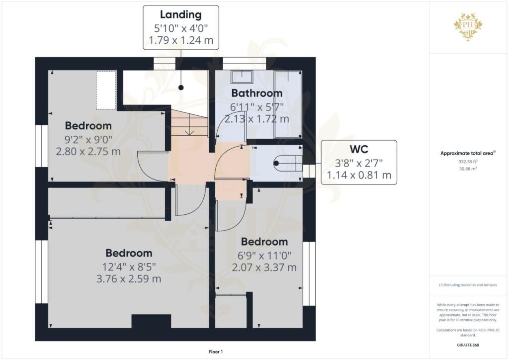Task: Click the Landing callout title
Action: point(181,15)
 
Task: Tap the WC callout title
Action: point(358,150)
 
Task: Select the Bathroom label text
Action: point(256,93)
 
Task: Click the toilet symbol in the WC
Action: point(286,163)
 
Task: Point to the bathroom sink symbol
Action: point(242,76)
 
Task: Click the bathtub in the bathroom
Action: point(288,104)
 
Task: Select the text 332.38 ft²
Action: point(468,161)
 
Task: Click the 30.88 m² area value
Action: point(468,169)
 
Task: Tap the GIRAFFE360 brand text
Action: point(468,345)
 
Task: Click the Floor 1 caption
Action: point(215,352)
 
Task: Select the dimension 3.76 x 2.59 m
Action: point(128,279)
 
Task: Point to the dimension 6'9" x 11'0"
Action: point(264,255)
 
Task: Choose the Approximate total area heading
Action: point(468,153)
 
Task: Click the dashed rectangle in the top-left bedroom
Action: point(106,90)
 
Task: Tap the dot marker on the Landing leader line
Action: point(181,88)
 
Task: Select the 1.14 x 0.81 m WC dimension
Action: point(358,175)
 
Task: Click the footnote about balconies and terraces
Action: point(468,285)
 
